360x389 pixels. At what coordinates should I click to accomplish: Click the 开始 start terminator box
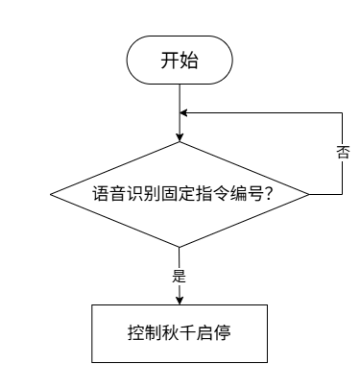[180, 60]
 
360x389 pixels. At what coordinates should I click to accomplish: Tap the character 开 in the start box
[170, 61]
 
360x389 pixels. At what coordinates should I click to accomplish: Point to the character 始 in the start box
[189, 61]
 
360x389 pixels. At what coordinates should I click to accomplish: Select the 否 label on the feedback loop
[342, 153]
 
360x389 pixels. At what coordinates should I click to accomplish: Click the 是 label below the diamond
[180, 276]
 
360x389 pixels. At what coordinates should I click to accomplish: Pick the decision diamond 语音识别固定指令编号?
[180, 194]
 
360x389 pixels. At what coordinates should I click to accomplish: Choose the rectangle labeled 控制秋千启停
[180, 333]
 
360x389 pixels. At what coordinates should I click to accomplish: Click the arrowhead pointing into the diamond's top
[180, 137]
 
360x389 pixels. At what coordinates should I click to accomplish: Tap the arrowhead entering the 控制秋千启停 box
[180, 301]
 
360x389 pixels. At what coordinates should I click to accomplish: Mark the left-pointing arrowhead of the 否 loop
[183, 112]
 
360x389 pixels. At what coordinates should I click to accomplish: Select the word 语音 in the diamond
[108, 194]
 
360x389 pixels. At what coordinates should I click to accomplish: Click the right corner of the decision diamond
[309, 194]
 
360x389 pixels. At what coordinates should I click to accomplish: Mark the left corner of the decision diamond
[50, 194]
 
